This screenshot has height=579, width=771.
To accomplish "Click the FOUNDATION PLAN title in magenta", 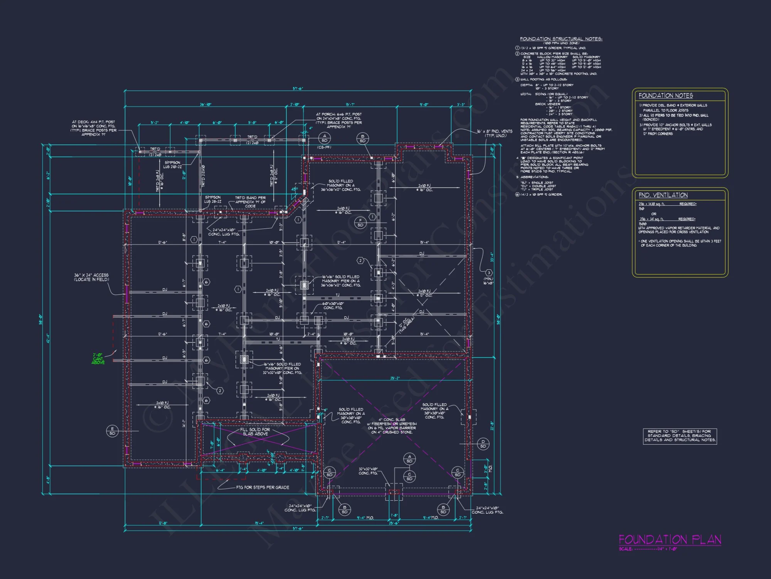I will (670, 540).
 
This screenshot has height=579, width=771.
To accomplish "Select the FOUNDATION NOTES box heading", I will (665, 96).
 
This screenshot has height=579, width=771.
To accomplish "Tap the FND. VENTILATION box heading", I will (663, 195).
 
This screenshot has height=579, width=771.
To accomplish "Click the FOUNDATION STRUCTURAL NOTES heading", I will (561, 39).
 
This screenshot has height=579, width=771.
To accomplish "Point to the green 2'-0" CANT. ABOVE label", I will (98, 359).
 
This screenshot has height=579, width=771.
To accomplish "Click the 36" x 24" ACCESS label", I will (91, 277).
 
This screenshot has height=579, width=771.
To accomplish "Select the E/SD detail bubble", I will (112, 431).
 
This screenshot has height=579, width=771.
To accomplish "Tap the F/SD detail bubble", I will (360, 223).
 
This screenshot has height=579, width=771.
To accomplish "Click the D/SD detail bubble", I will (483, 444).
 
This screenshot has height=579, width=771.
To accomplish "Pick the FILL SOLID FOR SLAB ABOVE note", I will (255, 432).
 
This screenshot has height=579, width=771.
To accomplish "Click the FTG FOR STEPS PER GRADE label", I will (263, 488).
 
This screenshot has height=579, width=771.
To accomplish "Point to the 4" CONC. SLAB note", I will (392, 426).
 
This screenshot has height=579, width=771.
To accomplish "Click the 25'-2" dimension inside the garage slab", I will (395, 378).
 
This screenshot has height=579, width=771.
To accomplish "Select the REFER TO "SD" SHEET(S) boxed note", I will (680, 436).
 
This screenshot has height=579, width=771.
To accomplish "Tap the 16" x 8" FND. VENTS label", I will (495, 134).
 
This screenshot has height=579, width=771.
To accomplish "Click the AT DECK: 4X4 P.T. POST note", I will (93, 128).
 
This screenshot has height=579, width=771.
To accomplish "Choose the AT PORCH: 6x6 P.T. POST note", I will (339, 120).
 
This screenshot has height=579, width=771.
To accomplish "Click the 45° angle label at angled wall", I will (295, 189).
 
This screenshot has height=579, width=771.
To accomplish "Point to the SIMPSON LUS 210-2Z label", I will (172, 165).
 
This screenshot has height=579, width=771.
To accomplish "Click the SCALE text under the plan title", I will (648, 549).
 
